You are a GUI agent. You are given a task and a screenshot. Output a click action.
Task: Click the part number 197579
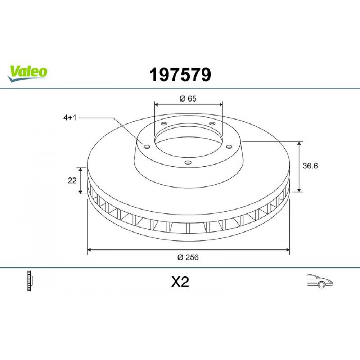180,75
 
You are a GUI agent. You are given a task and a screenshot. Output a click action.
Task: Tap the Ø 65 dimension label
188,98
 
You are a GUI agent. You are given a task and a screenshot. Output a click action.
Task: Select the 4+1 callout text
70,118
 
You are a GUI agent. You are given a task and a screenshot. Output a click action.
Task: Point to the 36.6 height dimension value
310,166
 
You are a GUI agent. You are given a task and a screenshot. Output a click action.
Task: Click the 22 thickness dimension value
72,181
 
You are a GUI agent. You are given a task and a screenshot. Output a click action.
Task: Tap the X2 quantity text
180,282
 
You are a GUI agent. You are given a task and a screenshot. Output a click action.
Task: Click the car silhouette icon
320,281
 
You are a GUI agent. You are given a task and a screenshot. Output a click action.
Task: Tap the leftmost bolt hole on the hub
147,146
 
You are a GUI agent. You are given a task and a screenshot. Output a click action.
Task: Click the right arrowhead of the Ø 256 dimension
288,249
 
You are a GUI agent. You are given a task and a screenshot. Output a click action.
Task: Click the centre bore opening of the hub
188,139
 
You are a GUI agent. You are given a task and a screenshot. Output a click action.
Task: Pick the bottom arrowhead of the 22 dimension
81,192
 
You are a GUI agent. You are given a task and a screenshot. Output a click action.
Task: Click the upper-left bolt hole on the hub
164,124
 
